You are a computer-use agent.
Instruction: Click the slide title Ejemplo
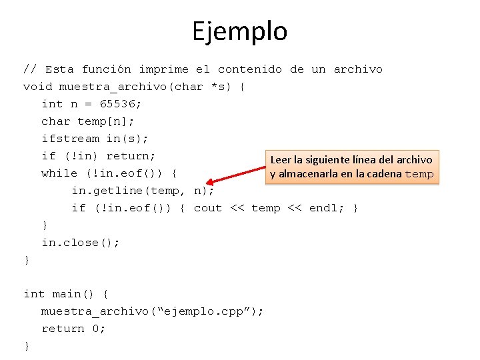[x=239, y=31]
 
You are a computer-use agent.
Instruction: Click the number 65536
[x=121, y=104]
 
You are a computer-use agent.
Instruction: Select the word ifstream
[x=70, y=139]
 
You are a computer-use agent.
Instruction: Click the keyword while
[x=59, y=173]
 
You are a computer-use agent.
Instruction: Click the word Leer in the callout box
[x=280, y=160]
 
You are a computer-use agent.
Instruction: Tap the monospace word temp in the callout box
[x=419, y=175]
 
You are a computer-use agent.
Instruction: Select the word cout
[x=208, y=208]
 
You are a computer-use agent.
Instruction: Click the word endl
[x=323, y=208]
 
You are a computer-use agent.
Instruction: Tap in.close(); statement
[x=81, y=243]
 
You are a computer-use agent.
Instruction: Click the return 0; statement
[x=73, y=329]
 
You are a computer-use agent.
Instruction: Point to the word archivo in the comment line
[x=358, y=69]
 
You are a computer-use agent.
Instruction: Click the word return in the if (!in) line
[x=131, y=156]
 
